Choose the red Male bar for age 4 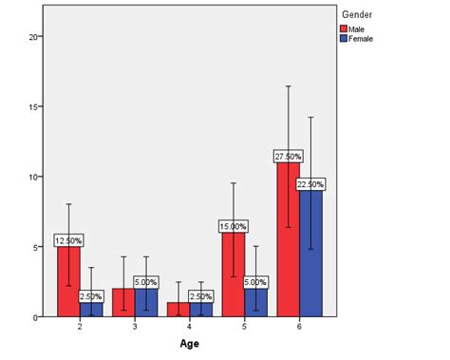(x=178, y=310)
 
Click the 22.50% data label (x=311, y=183)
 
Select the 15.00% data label (x=234, y=226)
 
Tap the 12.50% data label (x=68, y=240)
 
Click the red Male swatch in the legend (x=344, y=28)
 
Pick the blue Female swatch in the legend (x=344, y=38)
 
